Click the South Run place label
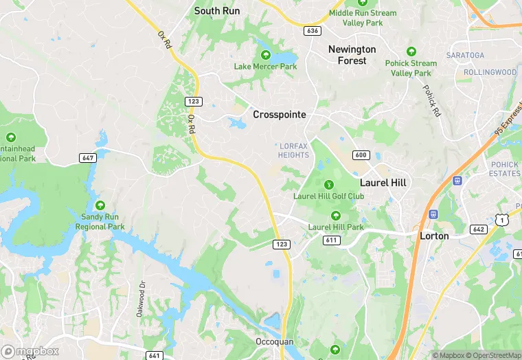pos(216,10)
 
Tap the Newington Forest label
pos(352,55)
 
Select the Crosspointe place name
pos(280,115)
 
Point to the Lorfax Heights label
pos(294,150)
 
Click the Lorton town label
pos(434,236)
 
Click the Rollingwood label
pos(490,72)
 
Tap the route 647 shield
pos(88,157)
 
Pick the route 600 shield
pos(361,155)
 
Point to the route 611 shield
pos(332,240)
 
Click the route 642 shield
pos(478,229)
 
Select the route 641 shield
pos(155,355)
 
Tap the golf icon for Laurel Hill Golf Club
pos(329,184)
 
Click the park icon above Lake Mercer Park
pos(265,55)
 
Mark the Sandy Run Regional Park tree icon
pos(100,205)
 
